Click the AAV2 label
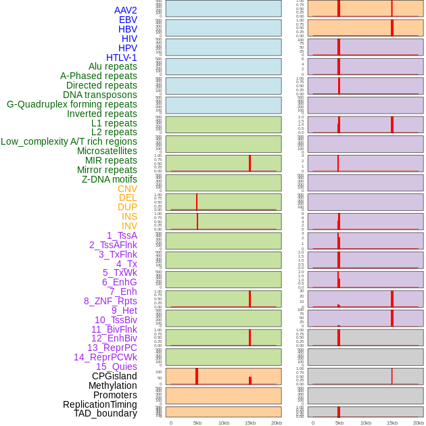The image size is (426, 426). [x=125, y=10]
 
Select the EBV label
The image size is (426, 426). [x=128, y=20]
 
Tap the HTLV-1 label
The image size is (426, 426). [x=122, y=57]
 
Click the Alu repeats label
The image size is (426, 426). [x=113, y=66]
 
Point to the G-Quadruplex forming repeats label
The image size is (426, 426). [x=72, y=104]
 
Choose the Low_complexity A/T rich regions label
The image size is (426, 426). [x=69, y=141]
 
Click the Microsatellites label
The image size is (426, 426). [x=107, y=151]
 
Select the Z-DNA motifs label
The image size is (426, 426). [x=109, y=179]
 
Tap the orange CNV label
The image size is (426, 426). [x=127, y=189]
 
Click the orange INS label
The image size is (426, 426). [x=129, y=216]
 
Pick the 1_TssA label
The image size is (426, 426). [x=122, y=235]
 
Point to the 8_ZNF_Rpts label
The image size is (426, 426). [x=110, y=301]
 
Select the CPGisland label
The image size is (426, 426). [x=114, y=376]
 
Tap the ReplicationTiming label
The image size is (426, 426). [x=99, y=404]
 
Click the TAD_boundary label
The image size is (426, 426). [x=105, y=413]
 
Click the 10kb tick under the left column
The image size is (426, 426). [x=224, y=423]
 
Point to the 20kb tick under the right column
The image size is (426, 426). [x=419, y=423]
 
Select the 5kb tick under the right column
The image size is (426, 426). [x=339, y=423]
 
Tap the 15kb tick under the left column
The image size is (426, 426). [x=250, y=423]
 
